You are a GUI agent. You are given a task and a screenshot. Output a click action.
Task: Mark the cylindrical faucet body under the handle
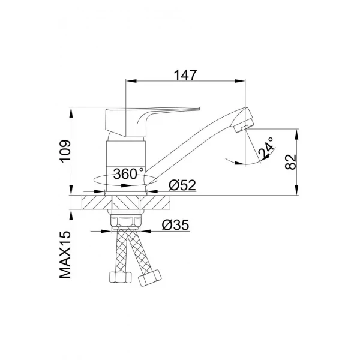tap(126, 153)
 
